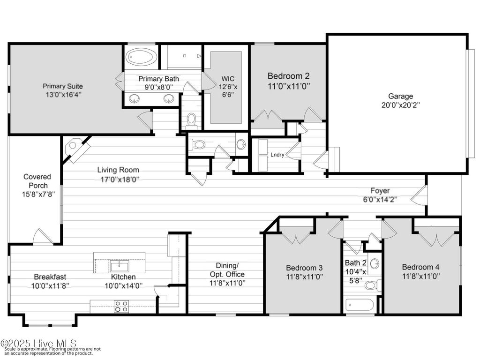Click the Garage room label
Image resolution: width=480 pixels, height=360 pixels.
[x=397, y=96]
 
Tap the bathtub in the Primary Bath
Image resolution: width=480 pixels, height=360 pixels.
[x=142, y=57]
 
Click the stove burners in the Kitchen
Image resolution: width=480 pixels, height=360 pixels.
[x=121, y=306]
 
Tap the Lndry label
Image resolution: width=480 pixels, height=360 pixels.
[x=277, y=155]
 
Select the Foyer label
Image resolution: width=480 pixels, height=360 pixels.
[x=379, y=191]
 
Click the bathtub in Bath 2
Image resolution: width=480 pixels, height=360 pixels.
[x=360, y=305]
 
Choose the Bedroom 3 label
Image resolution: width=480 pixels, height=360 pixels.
[x=304, y=268]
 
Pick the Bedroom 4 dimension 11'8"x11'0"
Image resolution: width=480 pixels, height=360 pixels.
[x=421, y=276]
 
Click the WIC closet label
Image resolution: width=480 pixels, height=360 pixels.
[x=228, y=78]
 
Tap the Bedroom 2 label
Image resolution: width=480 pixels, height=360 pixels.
[x=288, y=75]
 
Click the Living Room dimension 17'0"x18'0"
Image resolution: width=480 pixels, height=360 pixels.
[x=118, y=179]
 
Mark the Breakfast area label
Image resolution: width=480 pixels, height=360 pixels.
[x=49, y=277]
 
